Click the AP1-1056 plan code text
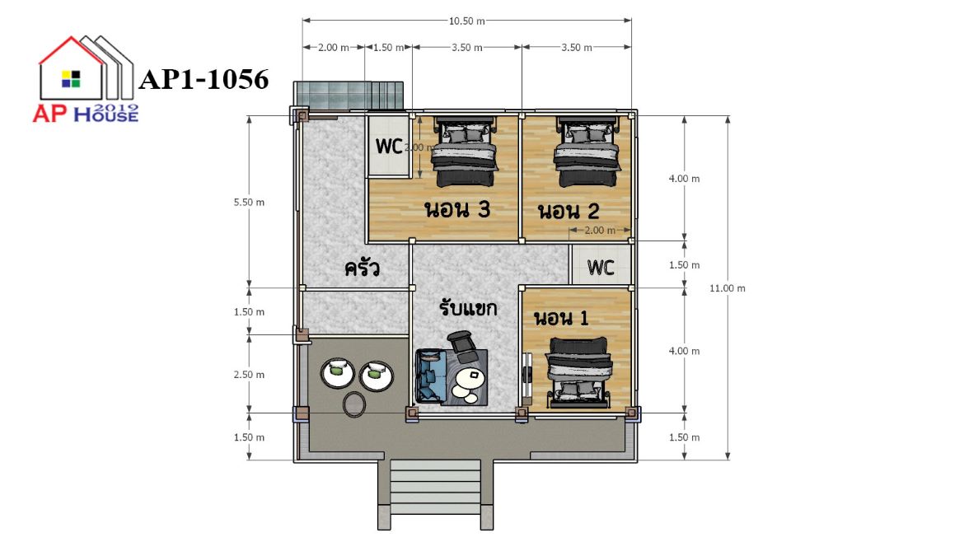coord(204,79)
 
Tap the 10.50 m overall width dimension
coord(466,21)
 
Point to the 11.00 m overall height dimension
coord(728,288)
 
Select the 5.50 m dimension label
coord(249,202)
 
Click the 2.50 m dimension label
coord(249,375)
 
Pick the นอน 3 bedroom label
coord(457,209)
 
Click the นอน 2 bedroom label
coord(569,212)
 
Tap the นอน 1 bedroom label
coord(561,318)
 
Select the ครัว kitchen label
coord(362,268)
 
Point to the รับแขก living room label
coord(468,307)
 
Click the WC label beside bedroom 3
coord(389,147)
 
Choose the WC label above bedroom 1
coord(600,268)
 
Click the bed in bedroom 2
coord(585,152)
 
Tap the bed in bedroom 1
coord(578,372)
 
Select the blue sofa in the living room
coord(430,376)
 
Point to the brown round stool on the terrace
coord(354,404)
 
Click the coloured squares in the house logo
coord(71,79)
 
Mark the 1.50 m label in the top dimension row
coord(388,47)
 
